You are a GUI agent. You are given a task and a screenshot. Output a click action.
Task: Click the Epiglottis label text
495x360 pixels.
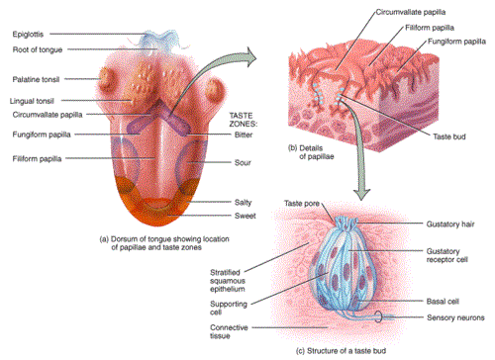click(28, 35)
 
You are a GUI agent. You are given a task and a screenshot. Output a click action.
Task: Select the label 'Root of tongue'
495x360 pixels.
click(38, 49)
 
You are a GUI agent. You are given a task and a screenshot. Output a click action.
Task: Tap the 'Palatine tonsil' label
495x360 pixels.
click(36, 79)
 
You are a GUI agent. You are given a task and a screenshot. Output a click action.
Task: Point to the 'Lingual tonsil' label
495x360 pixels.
click(32, 101)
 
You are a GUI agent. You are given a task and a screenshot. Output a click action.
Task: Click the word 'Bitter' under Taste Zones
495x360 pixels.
click(244, 135)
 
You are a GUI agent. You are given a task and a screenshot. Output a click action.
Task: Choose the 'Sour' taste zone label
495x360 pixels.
click(243, 163)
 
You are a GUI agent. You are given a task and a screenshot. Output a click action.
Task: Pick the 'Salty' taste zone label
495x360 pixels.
click(243, 203)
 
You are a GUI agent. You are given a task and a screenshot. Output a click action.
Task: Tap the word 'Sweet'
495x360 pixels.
click(246, 216)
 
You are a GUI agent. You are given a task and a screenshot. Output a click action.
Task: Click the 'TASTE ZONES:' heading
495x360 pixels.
click(244, 120)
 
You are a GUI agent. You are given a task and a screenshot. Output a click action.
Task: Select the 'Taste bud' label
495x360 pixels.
click(449, 136)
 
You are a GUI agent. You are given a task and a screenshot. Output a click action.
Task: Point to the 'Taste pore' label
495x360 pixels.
click(302, 204)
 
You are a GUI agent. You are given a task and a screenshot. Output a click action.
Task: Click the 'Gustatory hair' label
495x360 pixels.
click(450, 225)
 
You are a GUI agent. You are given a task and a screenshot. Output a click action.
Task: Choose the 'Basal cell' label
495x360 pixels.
click(443, 302)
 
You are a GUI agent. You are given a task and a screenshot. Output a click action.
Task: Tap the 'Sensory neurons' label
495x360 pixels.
click(455, 317)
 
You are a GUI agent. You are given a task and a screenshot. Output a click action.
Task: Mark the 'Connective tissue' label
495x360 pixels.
click(229, 331)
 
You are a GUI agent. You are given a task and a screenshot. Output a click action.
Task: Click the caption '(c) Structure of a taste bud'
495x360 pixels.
click(341, 351)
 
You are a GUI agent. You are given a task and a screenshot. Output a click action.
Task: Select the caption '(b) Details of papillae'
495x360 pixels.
click(311, 152)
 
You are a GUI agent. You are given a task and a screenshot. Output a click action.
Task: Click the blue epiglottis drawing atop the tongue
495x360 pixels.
click(161, 42)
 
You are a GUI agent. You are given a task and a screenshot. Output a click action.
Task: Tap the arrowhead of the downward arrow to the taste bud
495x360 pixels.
click(361, 195)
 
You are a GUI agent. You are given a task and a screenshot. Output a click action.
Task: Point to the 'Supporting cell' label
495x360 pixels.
click(229, 308)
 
